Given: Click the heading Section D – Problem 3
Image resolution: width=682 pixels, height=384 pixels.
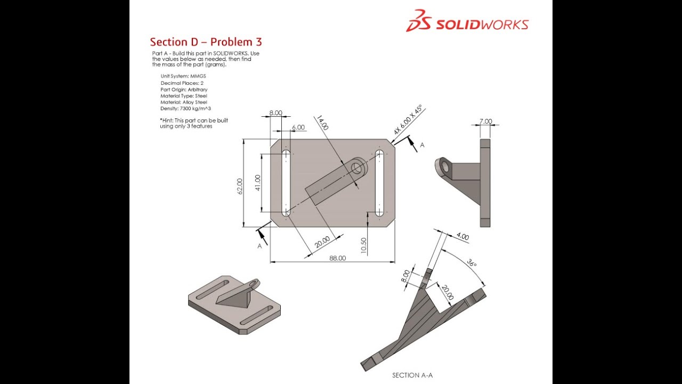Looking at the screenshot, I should coord(206,42).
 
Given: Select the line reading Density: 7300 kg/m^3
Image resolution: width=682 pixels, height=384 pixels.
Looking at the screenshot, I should coord(185,108).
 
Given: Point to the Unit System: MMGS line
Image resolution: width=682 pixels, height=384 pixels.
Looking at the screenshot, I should coord(183,76).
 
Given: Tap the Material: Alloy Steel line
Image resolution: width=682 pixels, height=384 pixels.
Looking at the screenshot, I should coord(184,102).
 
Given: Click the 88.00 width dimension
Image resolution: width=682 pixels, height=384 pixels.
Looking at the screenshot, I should coord(337,258).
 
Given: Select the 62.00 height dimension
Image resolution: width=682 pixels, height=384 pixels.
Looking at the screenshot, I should coord(240,186).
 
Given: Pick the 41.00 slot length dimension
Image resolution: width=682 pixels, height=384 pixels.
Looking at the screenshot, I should coord(258,183).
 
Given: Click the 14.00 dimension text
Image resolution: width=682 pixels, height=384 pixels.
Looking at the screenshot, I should coord(322,123).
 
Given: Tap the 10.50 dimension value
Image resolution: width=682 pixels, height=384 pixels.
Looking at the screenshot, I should coord(364,246).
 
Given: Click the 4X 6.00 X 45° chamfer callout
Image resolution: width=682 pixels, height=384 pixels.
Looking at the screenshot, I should coord(408,120).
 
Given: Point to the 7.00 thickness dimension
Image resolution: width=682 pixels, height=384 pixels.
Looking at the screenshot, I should coord(485,122).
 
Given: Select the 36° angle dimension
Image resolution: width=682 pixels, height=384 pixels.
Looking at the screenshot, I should coord(472,263).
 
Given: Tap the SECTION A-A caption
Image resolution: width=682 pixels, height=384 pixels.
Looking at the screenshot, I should coord(412,375).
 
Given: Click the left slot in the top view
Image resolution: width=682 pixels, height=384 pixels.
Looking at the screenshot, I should coord(286,182).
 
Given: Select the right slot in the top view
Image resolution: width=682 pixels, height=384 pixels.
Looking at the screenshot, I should coord(379,182).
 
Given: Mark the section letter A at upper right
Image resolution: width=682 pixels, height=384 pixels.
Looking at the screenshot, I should coord(422,145).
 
